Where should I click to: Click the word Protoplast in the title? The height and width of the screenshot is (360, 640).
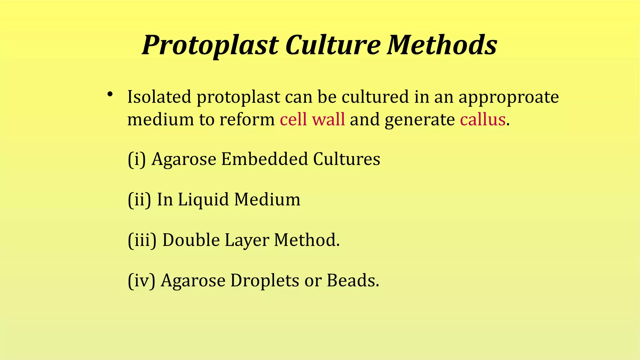(210, 45)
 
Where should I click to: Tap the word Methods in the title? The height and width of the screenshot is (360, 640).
(442, 45)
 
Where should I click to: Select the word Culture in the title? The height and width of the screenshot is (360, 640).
(333, 45)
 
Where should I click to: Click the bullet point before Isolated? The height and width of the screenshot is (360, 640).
(109, 94)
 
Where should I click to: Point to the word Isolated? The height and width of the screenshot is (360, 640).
(159, 97)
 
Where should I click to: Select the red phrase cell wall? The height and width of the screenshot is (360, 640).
(312, 119)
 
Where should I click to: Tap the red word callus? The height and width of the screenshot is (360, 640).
(482, 119)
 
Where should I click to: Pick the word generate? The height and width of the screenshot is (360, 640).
(420, 120)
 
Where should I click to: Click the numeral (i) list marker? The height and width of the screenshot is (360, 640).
(137, 159)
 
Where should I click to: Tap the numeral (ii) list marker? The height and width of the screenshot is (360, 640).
(139, 199)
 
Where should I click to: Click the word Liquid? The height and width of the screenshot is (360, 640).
(203, 200)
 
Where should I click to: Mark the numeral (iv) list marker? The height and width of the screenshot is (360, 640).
(142, 280)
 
